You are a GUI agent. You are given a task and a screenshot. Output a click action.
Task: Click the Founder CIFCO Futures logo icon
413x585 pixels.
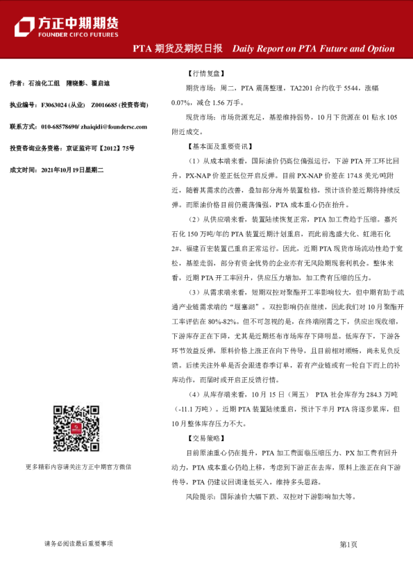click(x=25, y=25)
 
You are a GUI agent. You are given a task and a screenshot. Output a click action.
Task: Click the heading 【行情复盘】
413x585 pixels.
click(x=205, y=73)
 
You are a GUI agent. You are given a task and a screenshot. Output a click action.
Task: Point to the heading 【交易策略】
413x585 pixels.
click(x=205, y=438)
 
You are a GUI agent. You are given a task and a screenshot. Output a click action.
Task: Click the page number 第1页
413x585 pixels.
click(x=348, y=544)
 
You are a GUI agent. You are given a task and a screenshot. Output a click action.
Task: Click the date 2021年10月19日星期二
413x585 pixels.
click(x=72, y=170)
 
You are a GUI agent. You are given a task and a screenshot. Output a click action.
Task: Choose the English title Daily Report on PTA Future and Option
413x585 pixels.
click(x=313, y=49)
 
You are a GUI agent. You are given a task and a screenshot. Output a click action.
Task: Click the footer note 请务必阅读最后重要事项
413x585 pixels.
click(x=78, y=544)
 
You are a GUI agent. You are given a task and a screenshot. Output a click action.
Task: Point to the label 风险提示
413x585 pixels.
click(x=201, y=497)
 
